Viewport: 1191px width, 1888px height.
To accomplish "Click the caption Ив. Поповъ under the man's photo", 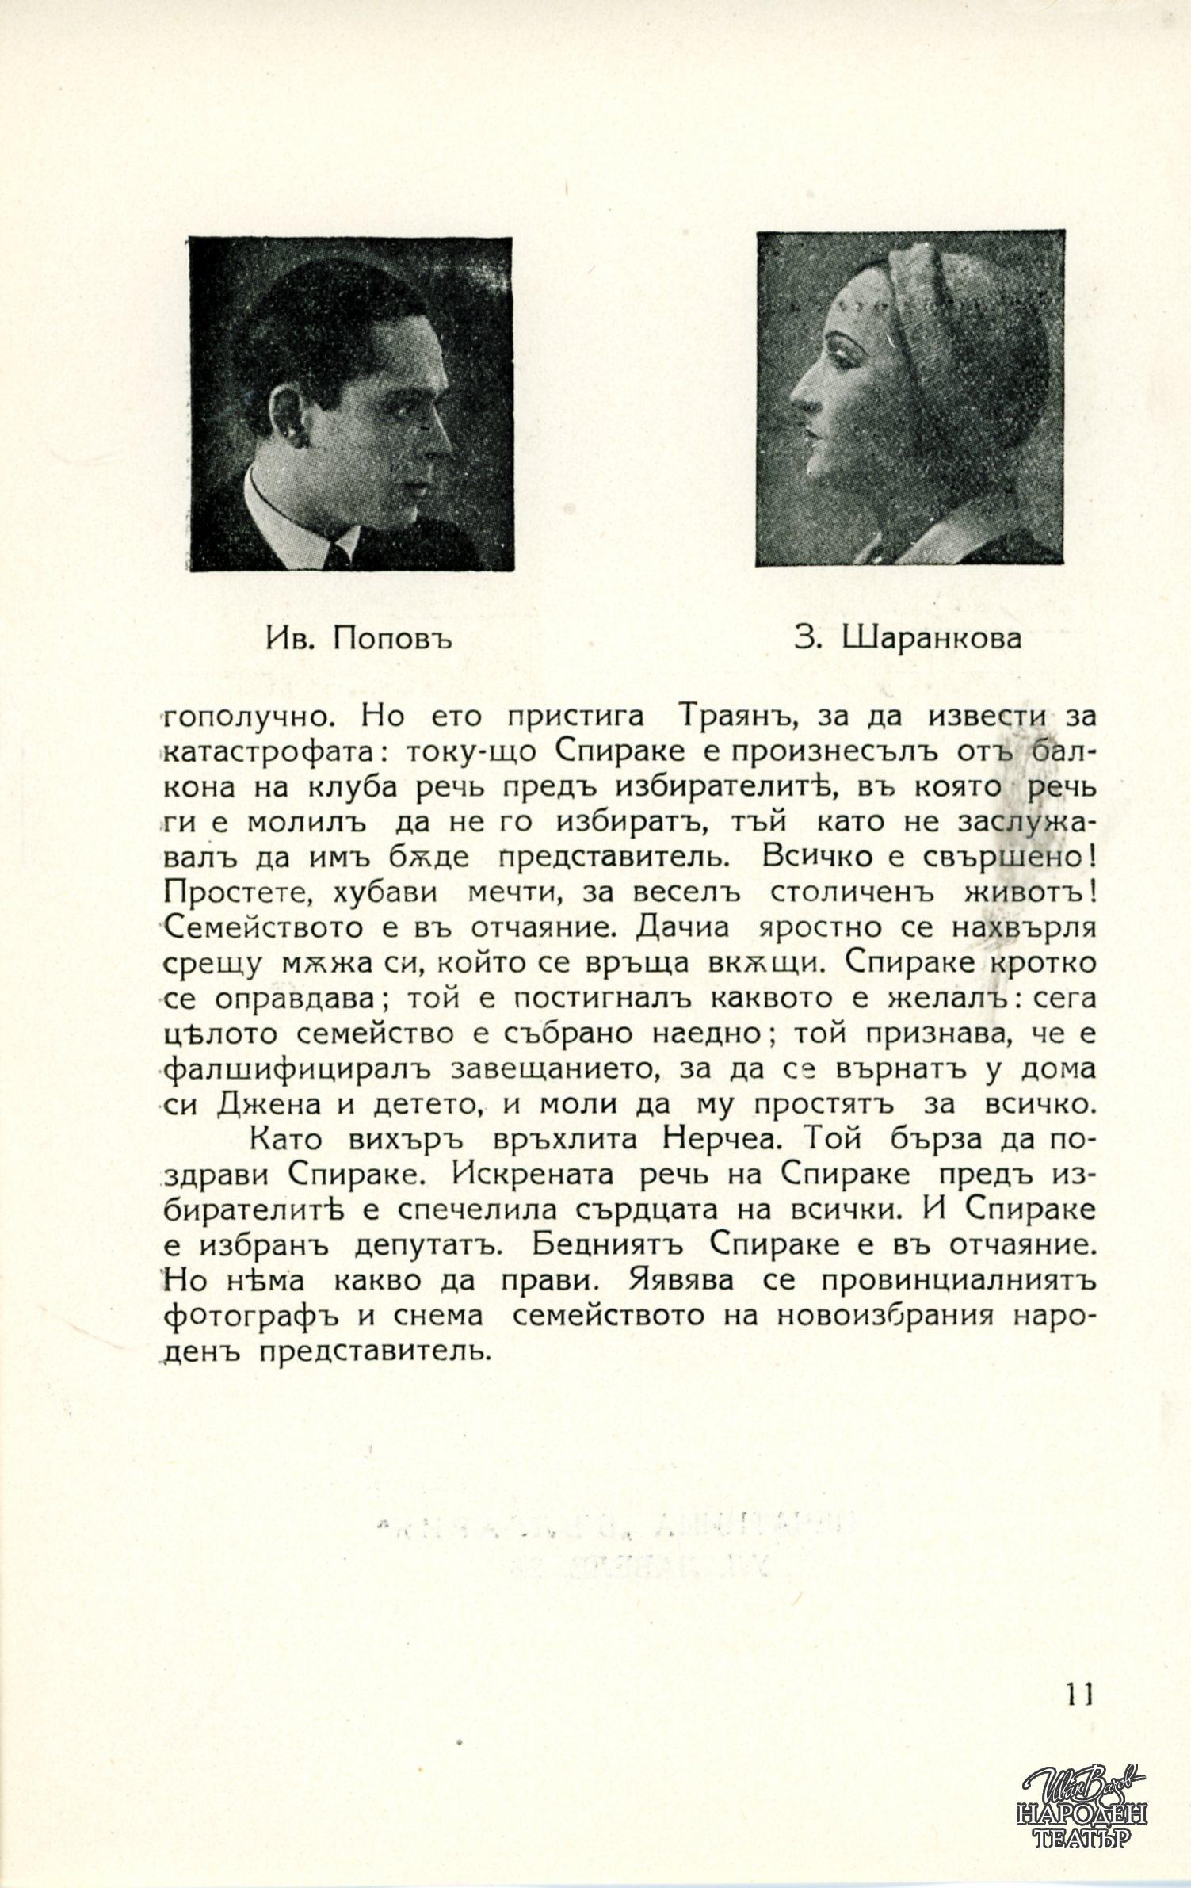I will (x=358, y=638).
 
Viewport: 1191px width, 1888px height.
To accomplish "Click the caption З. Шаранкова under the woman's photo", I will (x=908, y=638).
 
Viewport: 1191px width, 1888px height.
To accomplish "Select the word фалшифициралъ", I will (x=298, y=1068).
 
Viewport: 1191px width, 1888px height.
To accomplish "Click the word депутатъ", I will (x=427, y=1244).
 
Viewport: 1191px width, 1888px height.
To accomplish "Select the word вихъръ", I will (x=406, y=1140).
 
